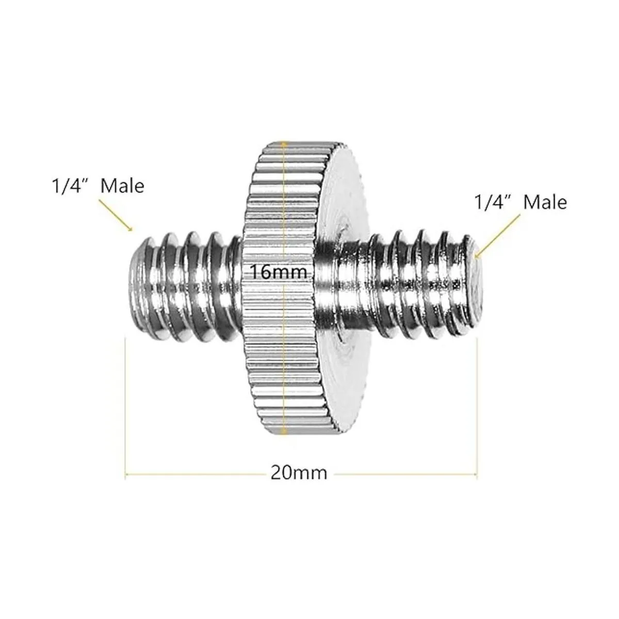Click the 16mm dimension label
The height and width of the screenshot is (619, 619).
click(278, 271)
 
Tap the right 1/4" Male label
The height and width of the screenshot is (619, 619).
click(520, 202)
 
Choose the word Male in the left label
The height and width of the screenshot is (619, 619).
click(122, 185)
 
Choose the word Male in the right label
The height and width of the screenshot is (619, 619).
click(545, 202)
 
